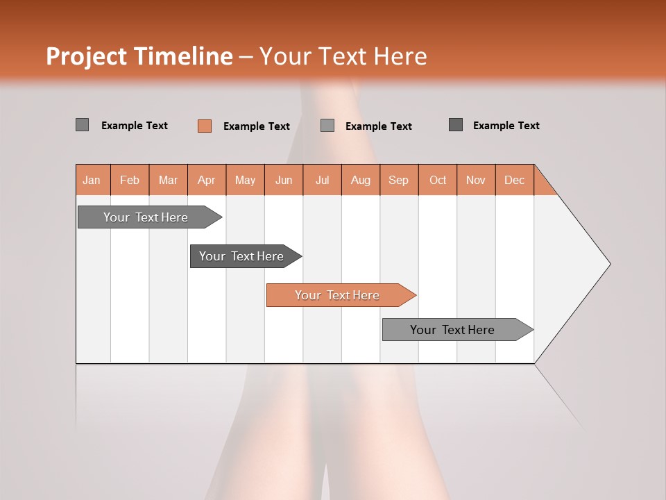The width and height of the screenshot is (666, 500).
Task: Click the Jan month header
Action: (x=92, y=180)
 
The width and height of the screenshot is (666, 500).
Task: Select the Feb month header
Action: (x=130, y=180)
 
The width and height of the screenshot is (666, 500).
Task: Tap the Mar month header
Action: (x=168, y=180)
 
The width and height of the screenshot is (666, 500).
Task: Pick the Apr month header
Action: (x=207, y=180)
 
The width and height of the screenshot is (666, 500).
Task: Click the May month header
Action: (x=245, y=180)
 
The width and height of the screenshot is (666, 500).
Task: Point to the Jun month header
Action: (x=284, y=180)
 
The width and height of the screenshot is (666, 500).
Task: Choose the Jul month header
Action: (x=322, y=180)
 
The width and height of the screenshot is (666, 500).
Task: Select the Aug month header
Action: (x=361, y=180)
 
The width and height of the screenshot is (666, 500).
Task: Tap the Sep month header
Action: (x=399, y=180)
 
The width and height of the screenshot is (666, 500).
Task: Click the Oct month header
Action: (x=438, y=180)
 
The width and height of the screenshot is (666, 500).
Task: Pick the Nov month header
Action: (x=476, y=180)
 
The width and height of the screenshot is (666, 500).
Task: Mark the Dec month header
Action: (x=515, y=180)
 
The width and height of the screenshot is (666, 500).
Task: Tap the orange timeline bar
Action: (x=338, y=295)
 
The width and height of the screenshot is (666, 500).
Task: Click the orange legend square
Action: (x=205, y=126)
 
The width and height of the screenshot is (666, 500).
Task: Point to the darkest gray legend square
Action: (x=456, y=125)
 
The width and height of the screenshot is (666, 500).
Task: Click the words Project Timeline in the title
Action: (x=139, y=56)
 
